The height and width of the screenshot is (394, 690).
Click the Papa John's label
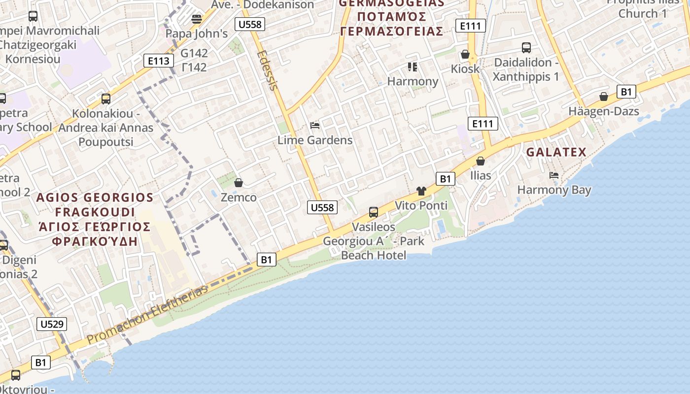(x=196, y=33)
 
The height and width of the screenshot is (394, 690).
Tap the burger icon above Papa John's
(x=197, y=19)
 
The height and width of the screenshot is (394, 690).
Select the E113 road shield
(x=159, y=61)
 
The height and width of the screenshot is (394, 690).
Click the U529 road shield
(x=52, y=324)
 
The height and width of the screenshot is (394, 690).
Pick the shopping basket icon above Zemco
(x=239, y=183)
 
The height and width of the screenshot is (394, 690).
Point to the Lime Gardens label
(x=315, y=140)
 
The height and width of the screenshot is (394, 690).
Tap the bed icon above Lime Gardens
(x=315, y=126)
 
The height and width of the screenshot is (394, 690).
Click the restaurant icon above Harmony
(x=413, y=66)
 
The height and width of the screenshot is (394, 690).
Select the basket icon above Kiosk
(x=465, y=54)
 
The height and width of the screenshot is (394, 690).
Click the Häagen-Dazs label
(x=604, y=111)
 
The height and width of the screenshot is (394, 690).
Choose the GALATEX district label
(x=556, y=152)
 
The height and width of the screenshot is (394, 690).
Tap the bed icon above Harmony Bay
(x=554, y=175)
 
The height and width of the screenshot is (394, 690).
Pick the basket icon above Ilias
(x=481, y=161)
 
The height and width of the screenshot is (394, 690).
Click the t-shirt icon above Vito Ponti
(x=421, y=191)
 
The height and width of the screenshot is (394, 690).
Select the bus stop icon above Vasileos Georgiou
(x=374, y=212)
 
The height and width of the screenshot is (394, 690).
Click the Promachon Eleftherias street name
(x=148, y=315)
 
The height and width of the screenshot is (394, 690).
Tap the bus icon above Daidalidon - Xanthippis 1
(x=526, y=48)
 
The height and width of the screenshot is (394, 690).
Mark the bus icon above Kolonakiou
(x=106, y=98)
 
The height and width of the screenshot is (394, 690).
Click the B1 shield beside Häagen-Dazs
(x=626, y=92)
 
